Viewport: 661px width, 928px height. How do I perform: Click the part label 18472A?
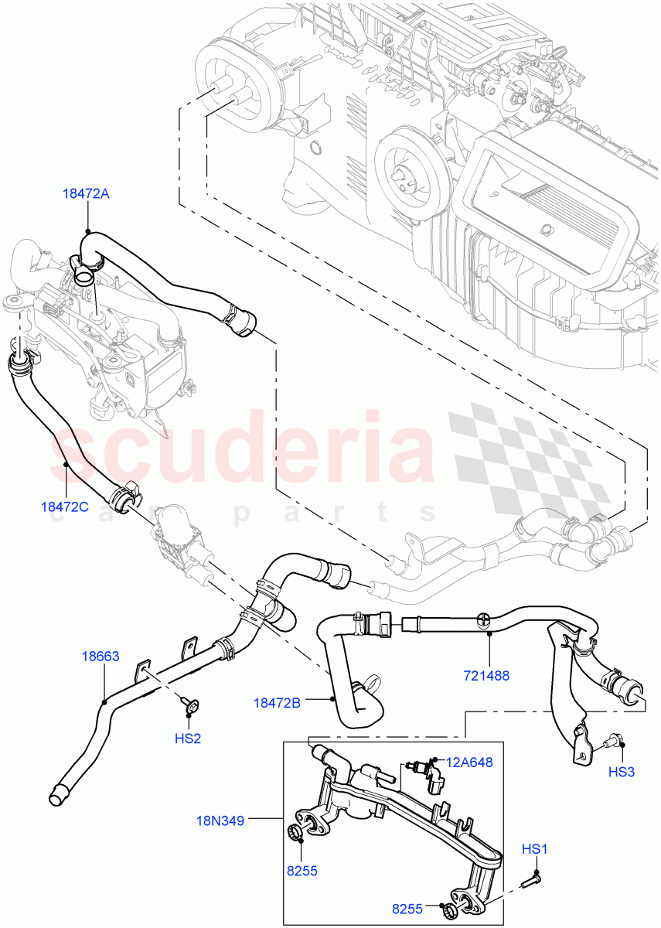(x=87, y=194)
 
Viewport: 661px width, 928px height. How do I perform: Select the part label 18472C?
(x=65, y=507)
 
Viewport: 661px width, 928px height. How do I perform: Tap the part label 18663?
(x=101, y=657)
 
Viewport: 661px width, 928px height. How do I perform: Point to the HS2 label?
(x=188, y=739)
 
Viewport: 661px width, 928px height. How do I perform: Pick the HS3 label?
(x=621, y=771)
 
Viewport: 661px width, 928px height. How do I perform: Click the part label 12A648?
(x=471, y=763)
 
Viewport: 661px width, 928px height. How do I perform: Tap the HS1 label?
(x=534, y=849)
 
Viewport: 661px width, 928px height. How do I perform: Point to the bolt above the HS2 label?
(x=190, y=705)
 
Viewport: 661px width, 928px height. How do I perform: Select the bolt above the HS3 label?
(x=615, y=740)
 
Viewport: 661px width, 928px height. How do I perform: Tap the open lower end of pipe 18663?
(x=57, y=796)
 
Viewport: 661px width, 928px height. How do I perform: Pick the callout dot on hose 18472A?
(x=88, y=230)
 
